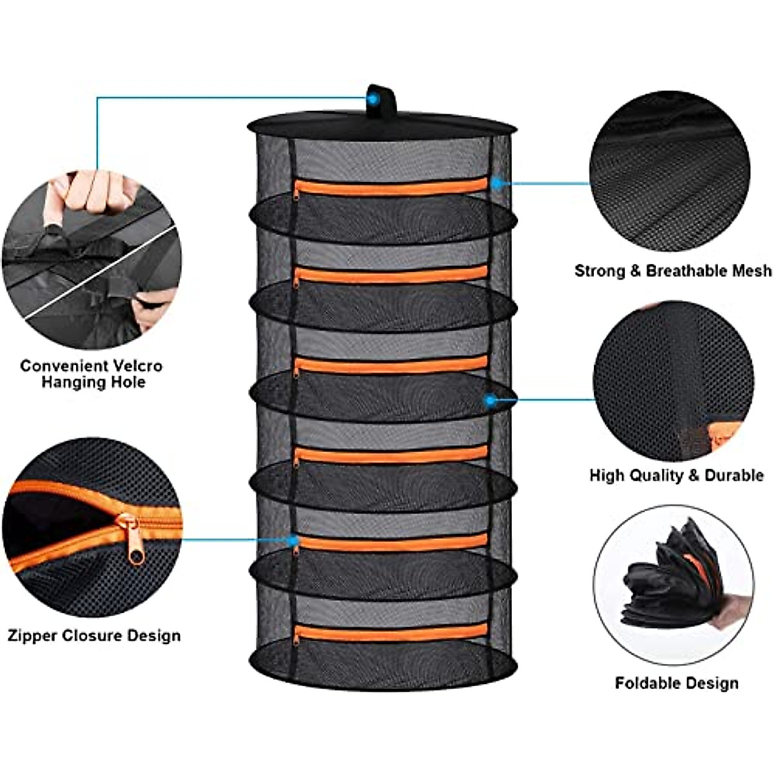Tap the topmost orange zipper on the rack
click(x=391, y=187)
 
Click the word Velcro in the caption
click(x=136, y=366)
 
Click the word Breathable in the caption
click(x=686, y=271)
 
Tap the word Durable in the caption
click(x=734, y=476)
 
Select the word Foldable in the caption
click(x=646, y=683)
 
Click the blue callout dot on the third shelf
click(x=491, y=400)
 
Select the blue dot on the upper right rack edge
click(x=496, y=183)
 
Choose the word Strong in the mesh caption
click(x=598, y=271)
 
